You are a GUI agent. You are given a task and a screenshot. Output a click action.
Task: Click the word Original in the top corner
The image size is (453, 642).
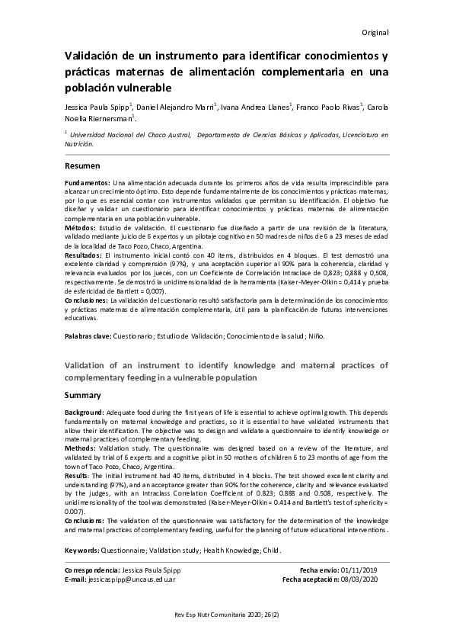(x=375, y=33)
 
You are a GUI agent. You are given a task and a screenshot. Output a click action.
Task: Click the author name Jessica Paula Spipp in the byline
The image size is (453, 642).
(x=98, y=108)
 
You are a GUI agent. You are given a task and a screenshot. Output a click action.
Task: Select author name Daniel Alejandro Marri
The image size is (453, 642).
(x=180, y=108)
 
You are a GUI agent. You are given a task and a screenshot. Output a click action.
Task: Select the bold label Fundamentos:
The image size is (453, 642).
(x=88, y=184)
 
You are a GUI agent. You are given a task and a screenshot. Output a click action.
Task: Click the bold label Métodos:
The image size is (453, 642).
(x=81, y=228)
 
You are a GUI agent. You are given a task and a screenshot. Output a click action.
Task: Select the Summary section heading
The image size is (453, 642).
(x=82, y=395)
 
